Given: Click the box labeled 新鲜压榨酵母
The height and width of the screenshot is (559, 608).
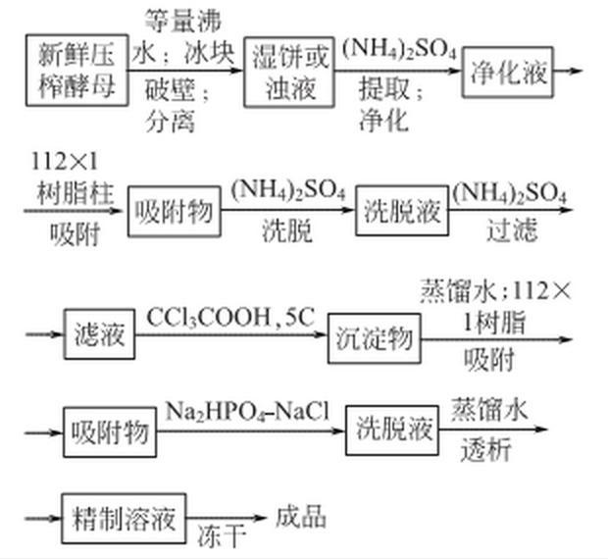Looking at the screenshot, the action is point(77,71).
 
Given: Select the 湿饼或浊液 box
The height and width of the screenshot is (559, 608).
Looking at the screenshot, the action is point(289,72).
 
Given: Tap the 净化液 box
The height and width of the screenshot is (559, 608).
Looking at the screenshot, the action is point(508,72).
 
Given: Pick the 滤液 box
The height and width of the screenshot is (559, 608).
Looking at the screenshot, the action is point(100,334).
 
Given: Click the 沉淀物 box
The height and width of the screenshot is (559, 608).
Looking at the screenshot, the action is point(375,338).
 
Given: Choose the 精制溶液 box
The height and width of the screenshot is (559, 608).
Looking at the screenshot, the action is point(124,518).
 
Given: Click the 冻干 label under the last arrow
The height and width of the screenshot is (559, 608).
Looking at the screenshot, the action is point(222,536).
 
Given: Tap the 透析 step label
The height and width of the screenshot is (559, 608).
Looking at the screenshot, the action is point(485,450).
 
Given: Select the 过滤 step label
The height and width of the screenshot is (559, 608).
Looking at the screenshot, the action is point(512,229).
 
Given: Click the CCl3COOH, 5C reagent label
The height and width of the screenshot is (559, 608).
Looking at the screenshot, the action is point(230,317).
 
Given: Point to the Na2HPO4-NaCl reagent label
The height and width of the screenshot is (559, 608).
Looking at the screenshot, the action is point(247,412).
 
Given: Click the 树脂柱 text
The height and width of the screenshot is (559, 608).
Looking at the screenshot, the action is point(76,193).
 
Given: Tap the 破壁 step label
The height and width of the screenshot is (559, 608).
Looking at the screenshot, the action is point(170,90).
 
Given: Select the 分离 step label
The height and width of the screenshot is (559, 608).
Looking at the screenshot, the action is point(170,122).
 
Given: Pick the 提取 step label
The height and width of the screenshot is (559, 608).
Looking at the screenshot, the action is point(383,89).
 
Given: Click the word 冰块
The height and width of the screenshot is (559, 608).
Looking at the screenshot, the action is point(210,53).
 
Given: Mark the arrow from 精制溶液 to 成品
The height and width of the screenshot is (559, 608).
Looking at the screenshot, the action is point(227,518).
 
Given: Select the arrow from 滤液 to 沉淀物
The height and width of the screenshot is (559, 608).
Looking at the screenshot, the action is point(231,334).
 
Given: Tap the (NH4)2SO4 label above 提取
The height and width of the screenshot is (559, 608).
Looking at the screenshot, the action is point(399,49).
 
